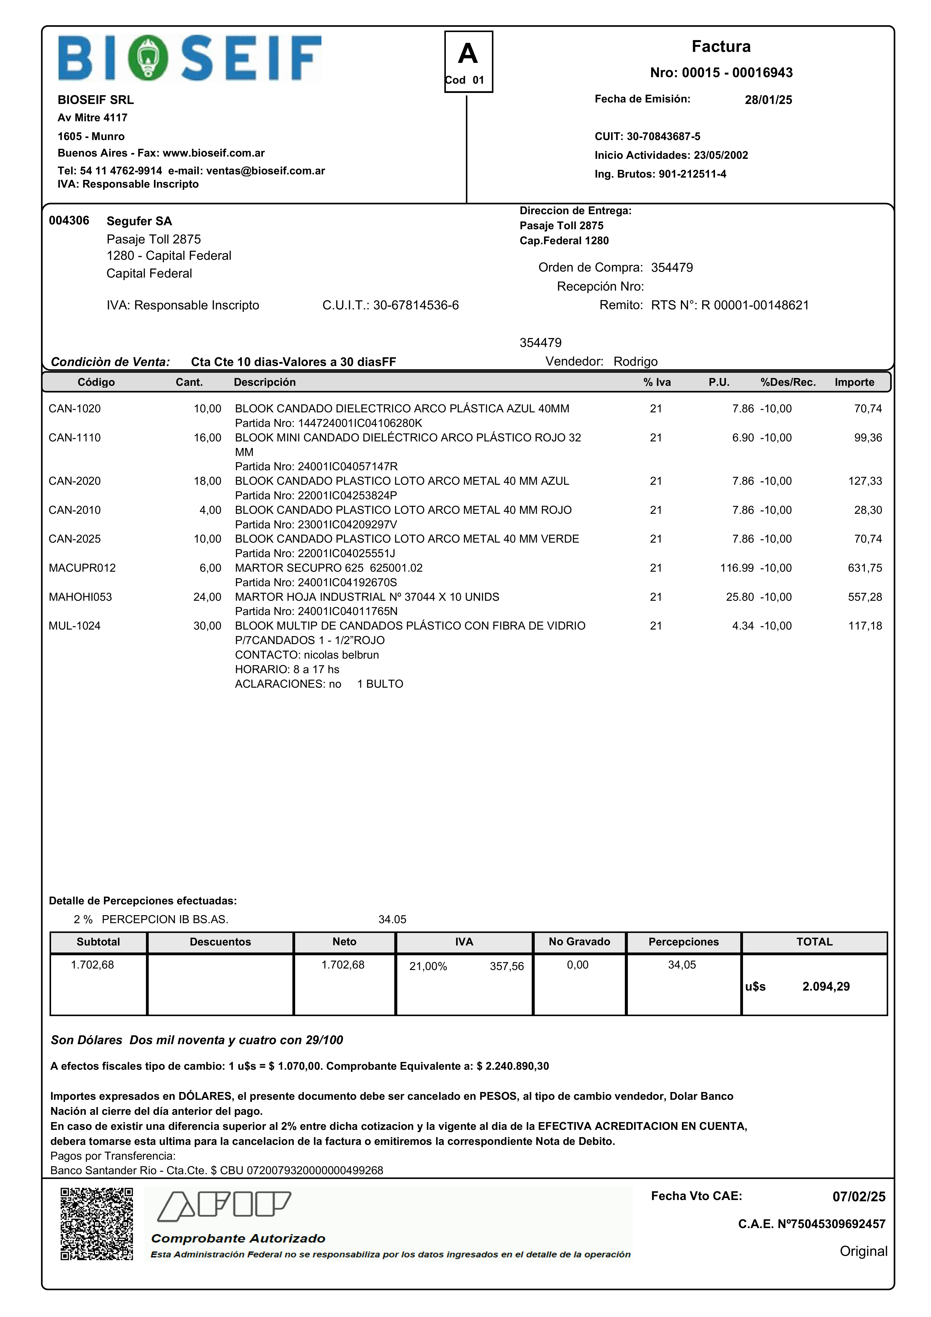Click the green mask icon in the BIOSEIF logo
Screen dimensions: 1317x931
click(148, 58)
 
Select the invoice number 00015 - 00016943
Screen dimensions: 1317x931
click(721, 73)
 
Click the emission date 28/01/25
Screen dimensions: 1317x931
click(768, 100)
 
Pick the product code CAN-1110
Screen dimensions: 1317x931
click(75, 438)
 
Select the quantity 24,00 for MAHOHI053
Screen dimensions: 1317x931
click(207, 597)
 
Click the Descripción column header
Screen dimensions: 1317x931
click(265, 382)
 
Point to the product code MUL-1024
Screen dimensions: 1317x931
click(75, 626)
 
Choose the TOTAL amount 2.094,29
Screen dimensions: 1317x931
click(826, 987)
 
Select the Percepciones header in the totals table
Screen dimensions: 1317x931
click(683, 942)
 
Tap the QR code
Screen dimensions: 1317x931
click(97, 1224)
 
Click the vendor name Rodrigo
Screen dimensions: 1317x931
click(635, 361)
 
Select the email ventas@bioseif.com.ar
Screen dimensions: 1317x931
click(265, 171)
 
